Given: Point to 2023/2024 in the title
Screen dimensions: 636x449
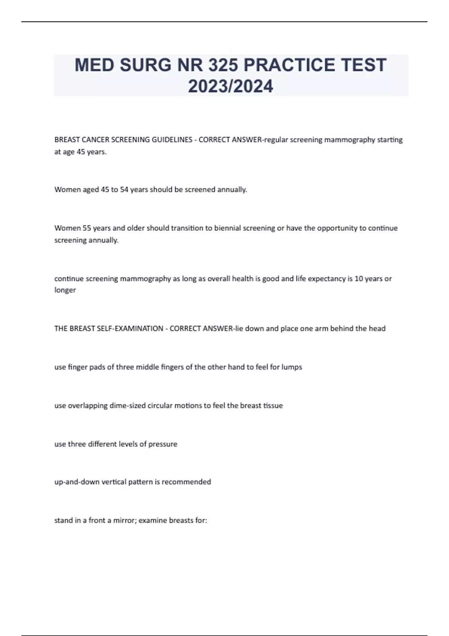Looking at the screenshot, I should [x=230, y=86].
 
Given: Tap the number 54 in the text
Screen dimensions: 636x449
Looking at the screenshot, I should [x=124, y=190].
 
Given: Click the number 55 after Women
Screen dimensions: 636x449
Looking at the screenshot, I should [x=87, y=228].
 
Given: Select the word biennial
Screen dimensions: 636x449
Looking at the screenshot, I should [x=227, y=228].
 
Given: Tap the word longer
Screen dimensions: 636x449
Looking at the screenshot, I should [x=65, y=290].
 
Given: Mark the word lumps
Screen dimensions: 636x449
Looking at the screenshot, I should [x=291, y=367].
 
